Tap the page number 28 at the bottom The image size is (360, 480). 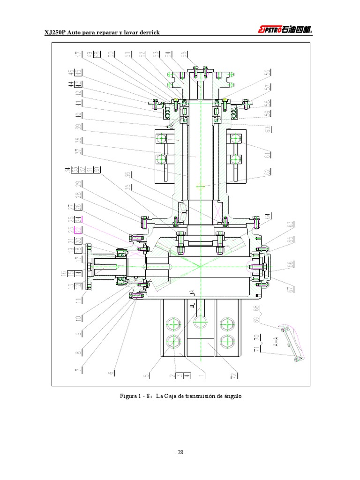click(x=180, y=452)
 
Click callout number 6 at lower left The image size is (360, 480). click(x=111, y=373)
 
